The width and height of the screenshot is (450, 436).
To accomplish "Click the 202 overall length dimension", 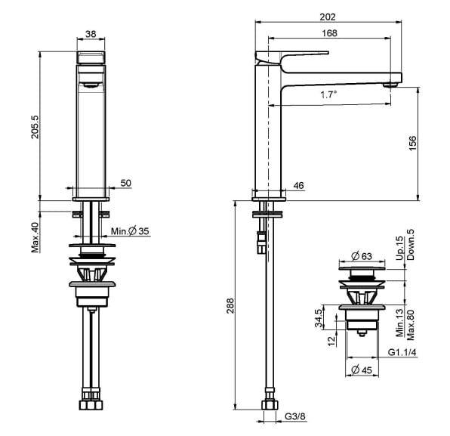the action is tap(328, 17).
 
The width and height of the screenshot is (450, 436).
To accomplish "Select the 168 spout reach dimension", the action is tap(329, 33).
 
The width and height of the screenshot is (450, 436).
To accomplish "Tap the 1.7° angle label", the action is tap(328, 94).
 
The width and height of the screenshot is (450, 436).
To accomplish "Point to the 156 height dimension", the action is tap(412, 144).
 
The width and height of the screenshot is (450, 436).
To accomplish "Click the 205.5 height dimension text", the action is tap(35, 127).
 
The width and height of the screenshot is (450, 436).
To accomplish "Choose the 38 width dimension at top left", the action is tap(91, 34).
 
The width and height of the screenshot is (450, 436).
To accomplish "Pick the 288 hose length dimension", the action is tap(230, 306).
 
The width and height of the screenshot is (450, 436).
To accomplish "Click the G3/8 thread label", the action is tap(295, 416).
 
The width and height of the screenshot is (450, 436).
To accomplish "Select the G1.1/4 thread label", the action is tap(402, 352).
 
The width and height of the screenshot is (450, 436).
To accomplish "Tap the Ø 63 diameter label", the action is tap(362, 255).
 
